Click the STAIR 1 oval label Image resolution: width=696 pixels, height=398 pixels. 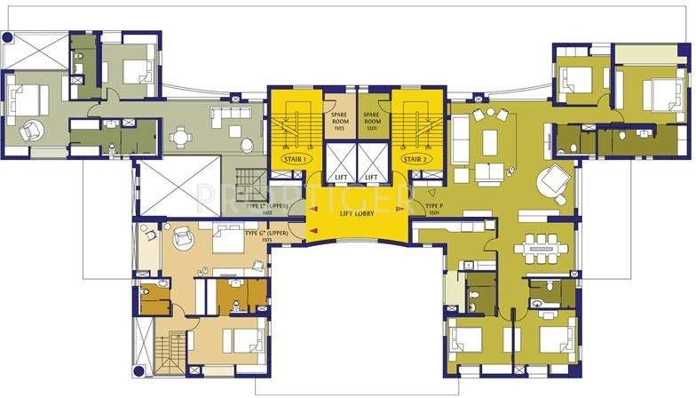(293, 159)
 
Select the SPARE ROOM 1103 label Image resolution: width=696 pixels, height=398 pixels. (338, 121)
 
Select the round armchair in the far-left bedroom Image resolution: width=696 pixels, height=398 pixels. (33, 130)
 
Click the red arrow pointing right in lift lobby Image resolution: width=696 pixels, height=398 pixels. (399, 209)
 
